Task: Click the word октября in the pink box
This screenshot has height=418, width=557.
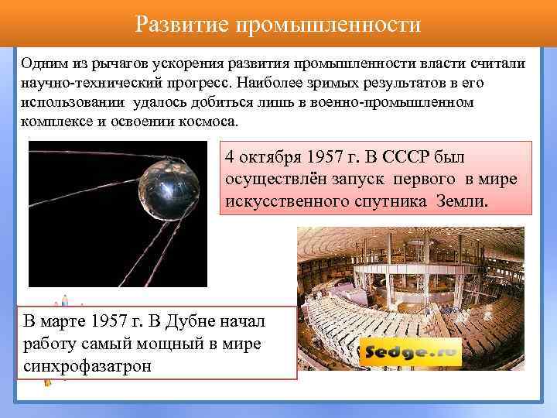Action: [x=271, y=157]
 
